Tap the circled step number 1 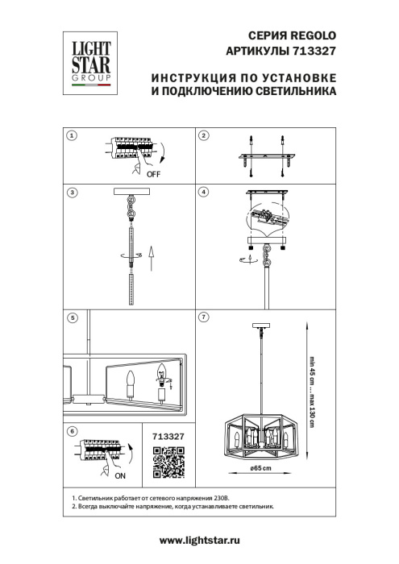(72, 135)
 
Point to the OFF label (154, 172)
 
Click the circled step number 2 (203, 135)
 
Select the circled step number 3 (72, 193)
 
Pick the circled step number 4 (203, 193)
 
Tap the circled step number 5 (72, 318)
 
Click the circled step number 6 (72, 432)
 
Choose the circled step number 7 (203, 318)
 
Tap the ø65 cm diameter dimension (259, 469)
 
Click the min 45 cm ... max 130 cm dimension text (310, 386)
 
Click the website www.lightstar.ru (199, 541)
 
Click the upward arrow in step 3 (150, 259)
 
